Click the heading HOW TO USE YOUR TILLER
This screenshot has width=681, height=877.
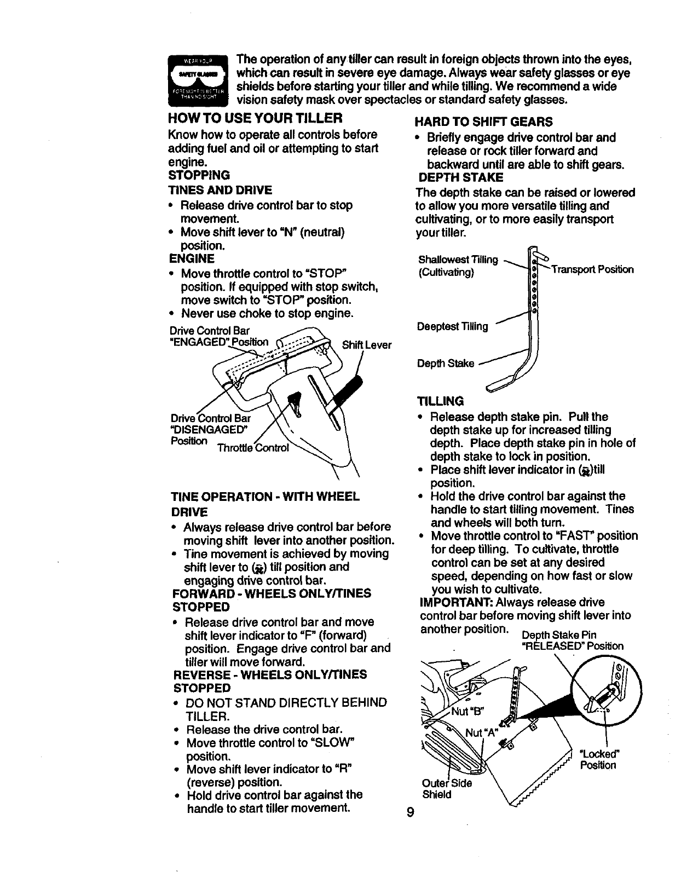point(255,118)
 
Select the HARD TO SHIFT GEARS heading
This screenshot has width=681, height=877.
point(484,122)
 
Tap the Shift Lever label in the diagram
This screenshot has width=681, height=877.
point(366,345)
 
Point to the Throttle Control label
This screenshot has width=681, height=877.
point(253,448)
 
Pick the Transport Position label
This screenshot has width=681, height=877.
point(592,269)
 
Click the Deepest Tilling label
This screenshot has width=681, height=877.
point(452,326)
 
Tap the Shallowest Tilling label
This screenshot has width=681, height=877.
point(458,259)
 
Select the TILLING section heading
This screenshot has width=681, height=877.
point(440,401)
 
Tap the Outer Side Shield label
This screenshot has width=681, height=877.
point(446,788)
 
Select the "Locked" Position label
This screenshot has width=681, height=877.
point(598,759)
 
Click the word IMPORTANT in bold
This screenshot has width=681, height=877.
point(449,603)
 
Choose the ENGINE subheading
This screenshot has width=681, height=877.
point(192,258)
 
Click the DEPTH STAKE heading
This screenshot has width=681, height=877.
point(461,177)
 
